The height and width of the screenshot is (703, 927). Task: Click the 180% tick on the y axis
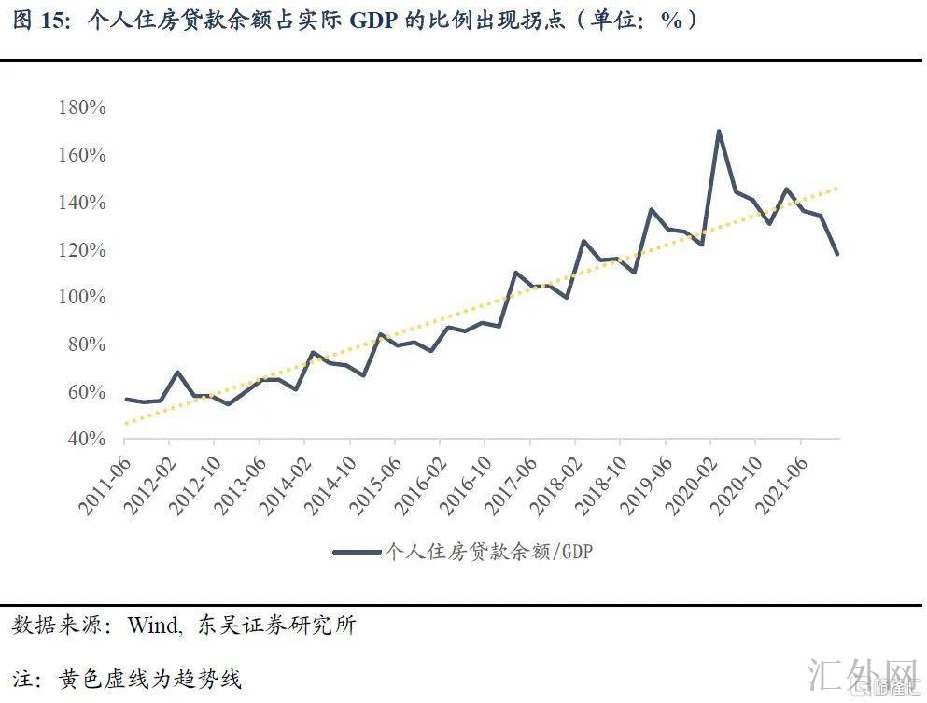pos(82,107)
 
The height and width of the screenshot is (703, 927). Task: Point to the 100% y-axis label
pos(82,297)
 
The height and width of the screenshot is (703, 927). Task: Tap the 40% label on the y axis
pos(87,439)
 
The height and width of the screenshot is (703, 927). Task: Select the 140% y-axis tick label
pos(82,203)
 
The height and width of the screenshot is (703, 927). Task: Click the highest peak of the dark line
pos(718,131)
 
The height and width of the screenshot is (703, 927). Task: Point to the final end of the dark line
pos(838,254)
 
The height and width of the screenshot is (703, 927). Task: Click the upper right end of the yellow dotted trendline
pos(837,188)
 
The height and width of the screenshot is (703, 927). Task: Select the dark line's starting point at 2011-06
pos(125,399)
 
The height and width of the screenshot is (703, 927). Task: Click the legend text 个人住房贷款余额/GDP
pos(490,552)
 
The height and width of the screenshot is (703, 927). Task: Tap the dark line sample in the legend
pos(358,552)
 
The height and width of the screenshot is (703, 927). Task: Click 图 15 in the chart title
pos(37,21)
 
